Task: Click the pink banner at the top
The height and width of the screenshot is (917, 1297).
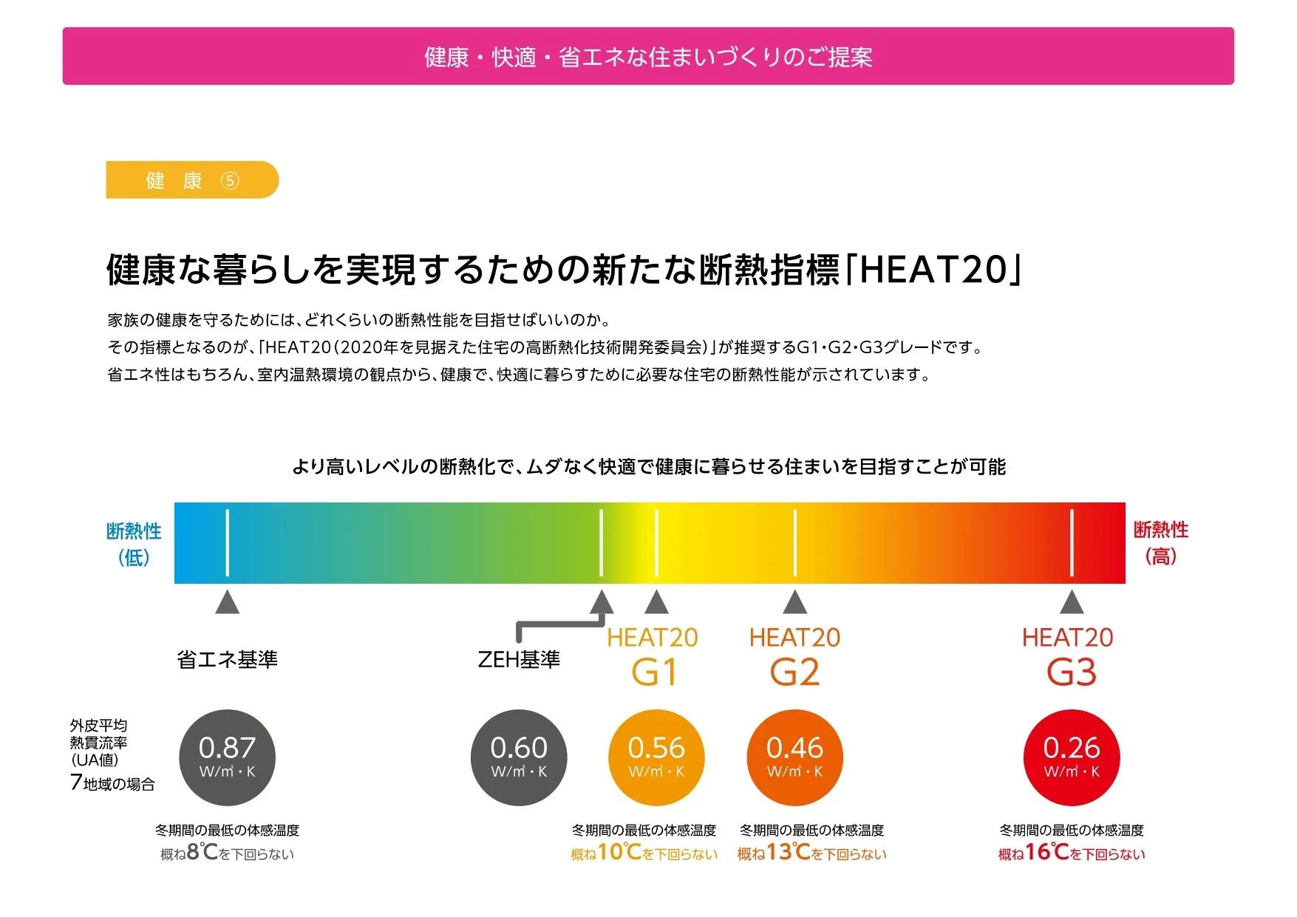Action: [x=648, y=56]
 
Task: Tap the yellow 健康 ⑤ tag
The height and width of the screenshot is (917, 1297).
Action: [x=192, y=180]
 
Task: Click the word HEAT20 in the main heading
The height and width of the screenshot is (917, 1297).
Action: [x=933, y=269]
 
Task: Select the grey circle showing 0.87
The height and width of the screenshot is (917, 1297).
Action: [x=227, y=757]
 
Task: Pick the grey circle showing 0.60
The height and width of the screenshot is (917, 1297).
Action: [x=519, y=757]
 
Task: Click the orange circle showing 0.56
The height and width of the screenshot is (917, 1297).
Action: [x=656, y=757]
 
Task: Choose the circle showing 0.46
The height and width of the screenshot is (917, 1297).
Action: [x=794, y=757]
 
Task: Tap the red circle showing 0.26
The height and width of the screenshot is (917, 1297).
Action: [x=1072, y=757]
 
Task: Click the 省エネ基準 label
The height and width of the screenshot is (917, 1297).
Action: [x=227, y=659]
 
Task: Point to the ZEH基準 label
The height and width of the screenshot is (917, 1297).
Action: [x=519, y=659]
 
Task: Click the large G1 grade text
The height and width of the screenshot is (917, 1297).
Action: [x=654, y=672]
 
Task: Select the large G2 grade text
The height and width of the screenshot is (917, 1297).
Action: [x=794, y=672]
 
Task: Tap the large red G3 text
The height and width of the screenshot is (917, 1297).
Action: [x=1072, y=672]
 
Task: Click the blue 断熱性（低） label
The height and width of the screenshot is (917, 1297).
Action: [x=134, y=543]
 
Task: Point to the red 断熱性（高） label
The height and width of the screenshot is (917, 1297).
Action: [x=1160, y=542]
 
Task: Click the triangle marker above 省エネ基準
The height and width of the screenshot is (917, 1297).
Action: [x=227, y=602]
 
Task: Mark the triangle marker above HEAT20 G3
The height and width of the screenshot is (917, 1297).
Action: [x=1072, y=602]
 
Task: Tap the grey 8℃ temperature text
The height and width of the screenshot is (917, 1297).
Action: [x=202, y=852]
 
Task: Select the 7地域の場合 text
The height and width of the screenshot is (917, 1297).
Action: [x=112, y=783]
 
